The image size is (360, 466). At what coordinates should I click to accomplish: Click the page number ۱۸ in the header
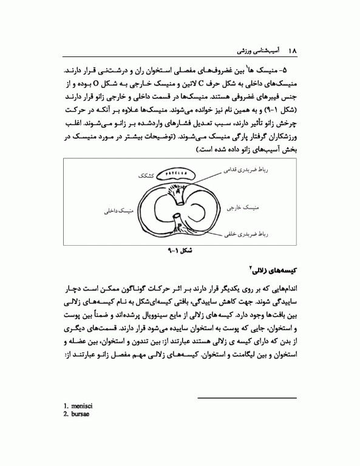(291, 47)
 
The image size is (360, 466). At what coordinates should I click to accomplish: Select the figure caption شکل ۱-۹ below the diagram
(180, 249)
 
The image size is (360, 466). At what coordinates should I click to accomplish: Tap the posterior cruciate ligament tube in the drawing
(178, 219)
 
